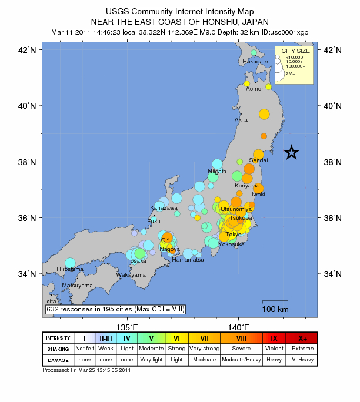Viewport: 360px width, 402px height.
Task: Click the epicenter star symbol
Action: (292, 152)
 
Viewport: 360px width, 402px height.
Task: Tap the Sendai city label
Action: (259, 160)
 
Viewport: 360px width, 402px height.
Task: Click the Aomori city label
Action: (255, 89)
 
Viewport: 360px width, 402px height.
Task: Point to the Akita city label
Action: (241, 119)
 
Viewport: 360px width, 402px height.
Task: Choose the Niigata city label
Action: (217, 171)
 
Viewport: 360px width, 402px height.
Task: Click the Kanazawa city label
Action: (164, 207)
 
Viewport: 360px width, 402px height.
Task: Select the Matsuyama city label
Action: (78, 285)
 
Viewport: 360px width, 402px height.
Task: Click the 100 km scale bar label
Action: (275, 309)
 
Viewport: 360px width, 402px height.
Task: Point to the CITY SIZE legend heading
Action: (296, 52)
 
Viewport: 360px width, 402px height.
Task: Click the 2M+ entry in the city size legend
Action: (291, 74)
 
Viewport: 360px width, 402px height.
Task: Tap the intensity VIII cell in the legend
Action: (242, 338)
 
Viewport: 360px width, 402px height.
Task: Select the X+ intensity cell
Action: (302, 338)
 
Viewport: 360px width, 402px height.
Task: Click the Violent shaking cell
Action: (274, 349)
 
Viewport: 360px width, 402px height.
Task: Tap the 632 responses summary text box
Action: (115, 309)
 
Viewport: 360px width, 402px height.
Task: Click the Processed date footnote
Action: (86, 370)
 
